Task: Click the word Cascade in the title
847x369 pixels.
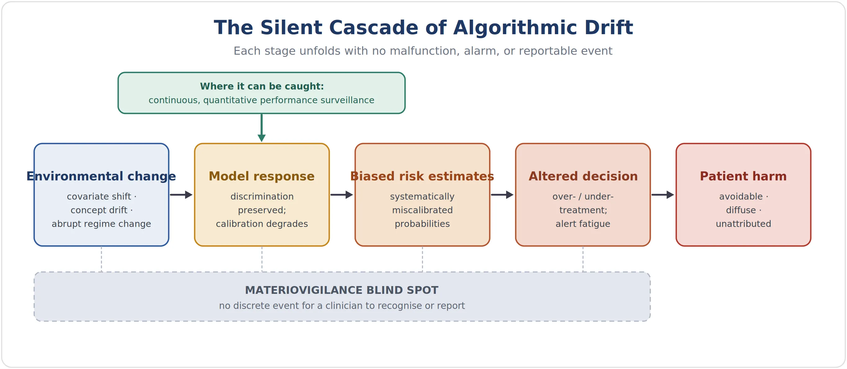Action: [x=374, y=27]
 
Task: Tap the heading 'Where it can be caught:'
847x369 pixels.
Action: [x=262, y=86]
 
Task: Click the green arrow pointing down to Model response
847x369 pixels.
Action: [x=262, y=128]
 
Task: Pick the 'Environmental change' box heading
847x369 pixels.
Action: [x=101, y=176]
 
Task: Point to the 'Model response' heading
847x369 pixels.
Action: [x=262, y=176]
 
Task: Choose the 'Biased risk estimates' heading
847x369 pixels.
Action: [x=422, y=176]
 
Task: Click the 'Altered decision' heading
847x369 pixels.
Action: [x=583, y=176]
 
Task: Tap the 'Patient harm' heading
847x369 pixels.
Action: [x=743, y=176]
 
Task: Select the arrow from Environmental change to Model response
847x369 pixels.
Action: [x=181, y=195]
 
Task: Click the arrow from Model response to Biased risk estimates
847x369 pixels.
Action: [x=342, y=195]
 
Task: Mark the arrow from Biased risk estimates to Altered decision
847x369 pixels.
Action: [x=502, y=195]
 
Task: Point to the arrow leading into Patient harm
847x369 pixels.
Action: [x=663, y=195]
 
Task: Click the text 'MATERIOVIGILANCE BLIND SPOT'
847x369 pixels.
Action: [x=342, y=290]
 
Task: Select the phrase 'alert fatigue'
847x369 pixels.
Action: [x=583, y=224]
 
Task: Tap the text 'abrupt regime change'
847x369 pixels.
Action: [x=101, y=224]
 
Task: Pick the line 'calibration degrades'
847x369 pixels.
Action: [x=262, y=224]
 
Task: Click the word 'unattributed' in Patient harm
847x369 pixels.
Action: [x=743, y=224]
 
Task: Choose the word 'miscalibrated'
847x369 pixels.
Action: [x=422, y=210]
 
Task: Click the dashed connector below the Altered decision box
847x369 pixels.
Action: [x=583, y=259]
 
